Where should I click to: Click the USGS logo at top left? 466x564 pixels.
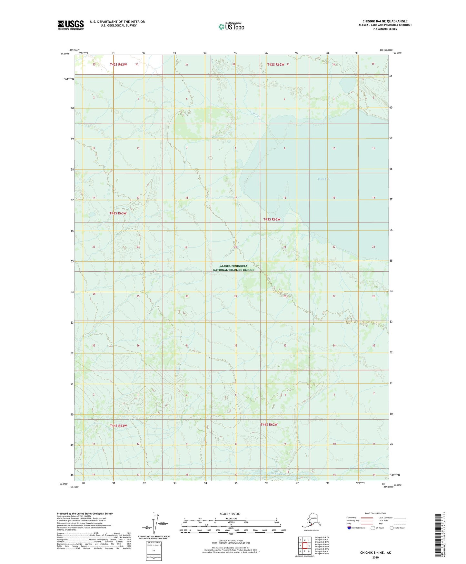tap(71, 25)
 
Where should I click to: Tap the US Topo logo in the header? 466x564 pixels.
tap(231, 26)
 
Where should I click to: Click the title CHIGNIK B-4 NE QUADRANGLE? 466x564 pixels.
tap(385, 21)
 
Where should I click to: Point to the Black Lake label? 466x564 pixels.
tap(324, 179)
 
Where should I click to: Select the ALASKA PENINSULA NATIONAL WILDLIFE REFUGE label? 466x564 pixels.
tap(233, 268)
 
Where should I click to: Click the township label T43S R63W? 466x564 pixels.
tap(118, 213)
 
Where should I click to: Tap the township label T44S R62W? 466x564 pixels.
tap(269, 424)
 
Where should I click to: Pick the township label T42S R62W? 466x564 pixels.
tap(276, 65)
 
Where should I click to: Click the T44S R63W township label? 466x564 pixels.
tap(118, 426)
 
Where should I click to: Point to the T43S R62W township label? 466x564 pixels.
tap(272, 219)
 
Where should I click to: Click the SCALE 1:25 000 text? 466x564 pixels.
tap(230, 514)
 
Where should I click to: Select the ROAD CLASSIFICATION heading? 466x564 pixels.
tap(375, 513)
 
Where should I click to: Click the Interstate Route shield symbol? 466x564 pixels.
tap(349, 528)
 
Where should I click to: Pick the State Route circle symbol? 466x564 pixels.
tap(392, 528)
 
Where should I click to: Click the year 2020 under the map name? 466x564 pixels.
tap(375, 557)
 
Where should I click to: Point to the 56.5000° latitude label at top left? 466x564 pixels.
tap(64, 54)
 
